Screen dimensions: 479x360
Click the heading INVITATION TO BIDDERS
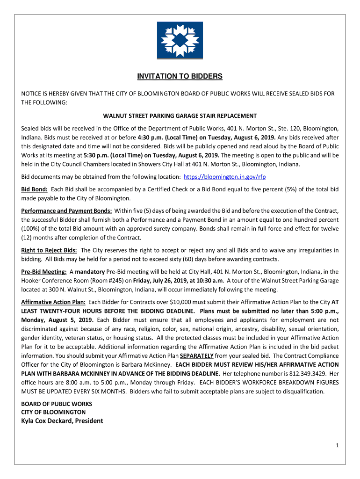pos(180,76)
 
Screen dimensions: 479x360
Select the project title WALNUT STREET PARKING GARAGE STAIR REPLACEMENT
pos(180,116)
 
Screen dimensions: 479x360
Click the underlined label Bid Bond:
pos(34,189)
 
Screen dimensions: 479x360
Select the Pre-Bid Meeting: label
pos(43,271)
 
